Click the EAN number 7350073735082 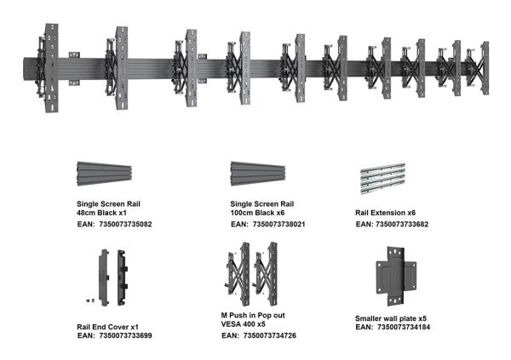(125, 224)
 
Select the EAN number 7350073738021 (279, 224)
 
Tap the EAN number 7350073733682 (402, 224)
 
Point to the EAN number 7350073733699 (125, 335)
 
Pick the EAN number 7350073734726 (270, 335)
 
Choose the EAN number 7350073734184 (404, 327)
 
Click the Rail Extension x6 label (386, 213)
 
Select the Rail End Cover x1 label (108, 327)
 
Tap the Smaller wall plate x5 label (391, 318)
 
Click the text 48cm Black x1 (101, 213)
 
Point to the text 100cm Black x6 (257, 213)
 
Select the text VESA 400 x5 (243, 324)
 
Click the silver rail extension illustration (383, 178)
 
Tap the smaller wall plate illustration (396, 277)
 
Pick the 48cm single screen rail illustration (104, 174)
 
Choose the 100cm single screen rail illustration (258, 174)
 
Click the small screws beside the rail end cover (90, 300)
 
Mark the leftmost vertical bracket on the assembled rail (51, 68)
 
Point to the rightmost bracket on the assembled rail (485, 68)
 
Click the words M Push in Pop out (253, 316)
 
